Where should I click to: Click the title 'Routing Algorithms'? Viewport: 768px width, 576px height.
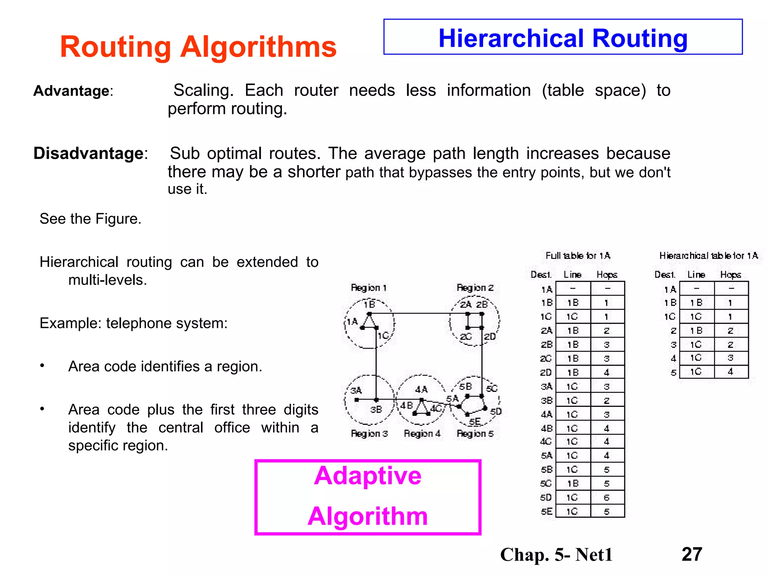tap(198, 47)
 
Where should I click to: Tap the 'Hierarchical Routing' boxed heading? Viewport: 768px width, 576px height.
tap(563, 38)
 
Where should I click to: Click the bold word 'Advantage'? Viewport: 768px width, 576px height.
tap(71, 91)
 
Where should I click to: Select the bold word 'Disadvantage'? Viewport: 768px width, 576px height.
tap(88, 153)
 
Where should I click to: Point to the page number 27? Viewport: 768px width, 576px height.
tap(692, 554)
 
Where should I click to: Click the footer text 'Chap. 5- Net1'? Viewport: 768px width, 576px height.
tap(556, 555)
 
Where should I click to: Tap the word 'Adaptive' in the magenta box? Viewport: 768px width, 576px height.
tap(367, 476)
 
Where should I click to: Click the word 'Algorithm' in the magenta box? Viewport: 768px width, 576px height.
tap(367, 516)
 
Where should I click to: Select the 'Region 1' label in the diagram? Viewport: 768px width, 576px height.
tap(369, 288)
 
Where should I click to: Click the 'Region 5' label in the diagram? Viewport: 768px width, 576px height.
tap(475, 434)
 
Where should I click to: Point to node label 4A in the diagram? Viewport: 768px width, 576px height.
tap(421, 390)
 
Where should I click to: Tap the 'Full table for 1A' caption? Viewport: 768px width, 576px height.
tap(578, 256)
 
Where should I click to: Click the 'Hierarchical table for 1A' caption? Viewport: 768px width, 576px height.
tap(708, 256)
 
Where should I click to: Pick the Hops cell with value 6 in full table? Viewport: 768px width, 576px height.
tap(607, 498)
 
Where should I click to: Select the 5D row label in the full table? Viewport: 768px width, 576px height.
tap(546, 498)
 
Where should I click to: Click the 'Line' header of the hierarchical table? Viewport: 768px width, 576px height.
tap(696, 275)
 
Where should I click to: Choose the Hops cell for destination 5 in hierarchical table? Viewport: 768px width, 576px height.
tap(730, 372)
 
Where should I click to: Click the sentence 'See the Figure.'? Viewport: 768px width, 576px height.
tap(90, 219)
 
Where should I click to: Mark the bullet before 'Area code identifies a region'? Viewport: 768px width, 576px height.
tap(42, 366)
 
